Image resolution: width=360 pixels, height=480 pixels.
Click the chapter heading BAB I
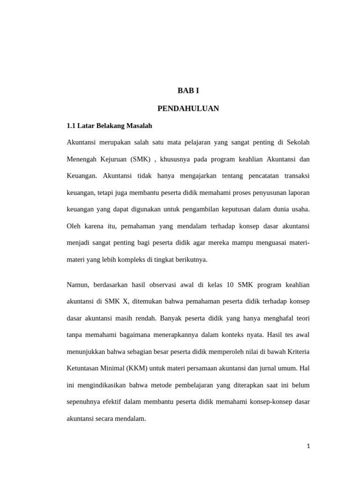(188, 90)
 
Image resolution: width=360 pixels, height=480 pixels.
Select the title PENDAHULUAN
(188, 109)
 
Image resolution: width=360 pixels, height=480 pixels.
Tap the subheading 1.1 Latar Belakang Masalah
(110, 126)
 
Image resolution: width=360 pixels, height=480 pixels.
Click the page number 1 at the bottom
(308, 446)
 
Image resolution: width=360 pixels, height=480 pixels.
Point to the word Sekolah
(298, 142)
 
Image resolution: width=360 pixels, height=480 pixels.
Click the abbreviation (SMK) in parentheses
(141, 159)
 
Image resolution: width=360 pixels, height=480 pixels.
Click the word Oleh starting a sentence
(74, 226)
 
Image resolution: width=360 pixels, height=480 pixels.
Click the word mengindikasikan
(102, 385)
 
